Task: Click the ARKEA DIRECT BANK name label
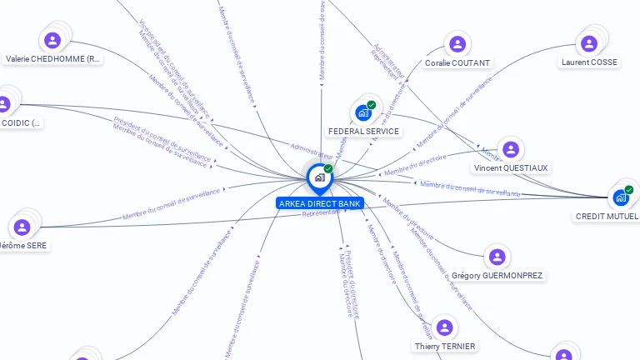tap(320, 203)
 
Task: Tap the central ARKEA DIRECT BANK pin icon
tap(319, 177)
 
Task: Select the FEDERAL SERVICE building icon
tap(362, 112)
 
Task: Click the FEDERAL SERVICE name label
tap(363, 132)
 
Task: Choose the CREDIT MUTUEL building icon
tap(620, 197)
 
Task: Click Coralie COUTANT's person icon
tap(457, 44)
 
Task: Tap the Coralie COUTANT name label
tap(457, 62)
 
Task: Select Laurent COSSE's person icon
tap(589, 43)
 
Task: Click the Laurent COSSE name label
tap(589, 62)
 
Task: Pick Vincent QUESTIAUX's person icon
tap(511, 150)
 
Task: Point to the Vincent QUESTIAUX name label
tap(511, 168)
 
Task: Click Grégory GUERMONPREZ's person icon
tap(497, 257)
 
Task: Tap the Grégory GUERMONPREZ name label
tap(497, 275)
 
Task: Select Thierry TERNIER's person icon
tap(445, 327)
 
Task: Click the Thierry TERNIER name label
tap(445, 346)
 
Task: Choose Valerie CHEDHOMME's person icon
tap(52, 40)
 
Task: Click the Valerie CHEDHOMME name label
tap(52, 59)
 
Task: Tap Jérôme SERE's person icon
tap(22, 227)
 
